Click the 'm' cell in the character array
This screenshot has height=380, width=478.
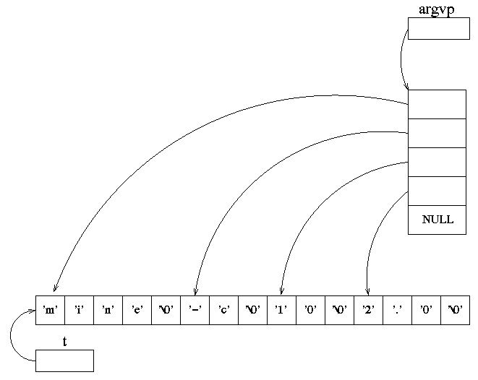tap(50, 310)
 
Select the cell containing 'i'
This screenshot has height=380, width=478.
tap(79, 310)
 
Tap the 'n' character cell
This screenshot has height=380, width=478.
tap(108, 310)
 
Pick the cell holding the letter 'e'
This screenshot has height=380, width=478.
tap(137, 310)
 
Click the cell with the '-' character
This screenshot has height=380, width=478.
tap(195, 310)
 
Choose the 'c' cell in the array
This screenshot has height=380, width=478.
tap(223, 310)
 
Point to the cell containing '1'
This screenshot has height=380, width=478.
tap(281, 310)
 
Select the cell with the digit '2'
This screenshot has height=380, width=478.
tap(368, 310)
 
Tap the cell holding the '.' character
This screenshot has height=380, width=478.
tap(397, 310)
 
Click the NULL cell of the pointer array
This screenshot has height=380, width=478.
tap(437, 220)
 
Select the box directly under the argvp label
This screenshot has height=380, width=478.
tap(438, 28)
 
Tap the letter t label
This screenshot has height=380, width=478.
tap(64, 342)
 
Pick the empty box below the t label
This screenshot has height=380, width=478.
tap(64, 360)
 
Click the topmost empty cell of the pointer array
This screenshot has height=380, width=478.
tap(437, 104)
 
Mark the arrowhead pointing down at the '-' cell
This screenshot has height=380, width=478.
tap(196, 291)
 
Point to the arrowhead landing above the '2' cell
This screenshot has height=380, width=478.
tap(367, 291)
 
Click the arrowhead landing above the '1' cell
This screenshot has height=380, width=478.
tap(281, 291)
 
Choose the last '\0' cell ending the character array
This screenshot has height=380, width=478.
tap(455, 310)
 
